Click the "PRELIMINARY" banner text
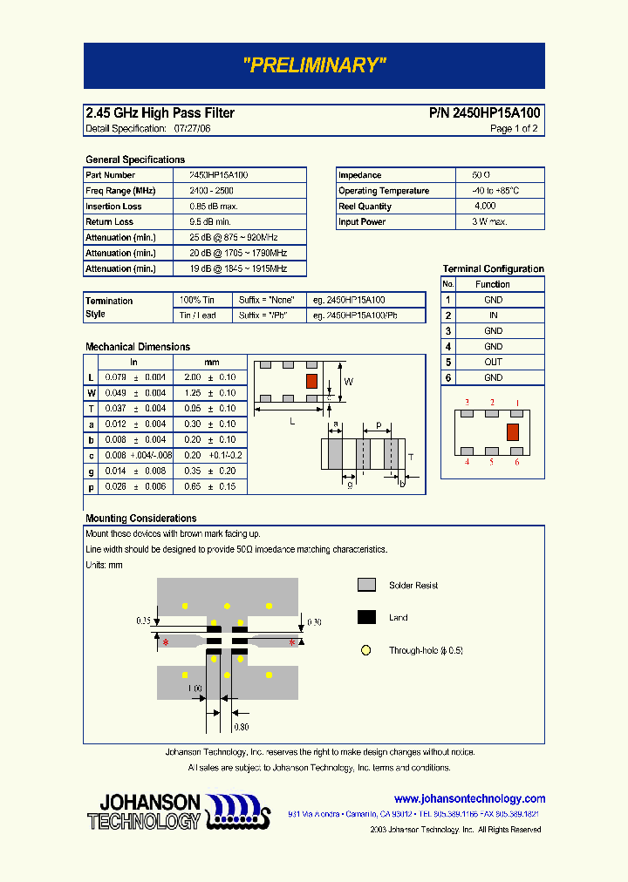pos(314,65)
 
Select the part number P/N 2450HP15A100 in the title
pos(485,113)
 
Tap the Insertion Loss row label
pos(113,207)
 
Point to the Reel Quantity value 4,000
pos(485,207)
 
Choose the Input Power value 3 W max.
pos(489,222)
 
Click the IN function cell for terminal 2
pos(493,315)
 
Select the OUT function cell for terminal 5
pos(493,363)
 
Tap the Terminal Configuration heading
pos(493,269)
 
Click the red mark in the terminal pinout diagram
pos(513,431)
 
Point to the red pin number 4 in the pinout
pos(467,462)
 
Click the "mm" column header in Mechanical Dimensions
pos(212,362)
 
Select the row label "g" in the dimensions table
pos(91,471)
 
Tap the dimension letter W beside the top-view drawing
pos(349,382)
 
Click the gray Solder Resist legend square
pos(366,585)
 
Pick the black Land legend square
pos(366,617)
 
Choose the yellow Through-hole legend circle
pos(366,650)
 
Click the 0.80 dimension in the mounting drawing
pos(241,727)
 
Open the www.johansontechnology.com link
pos(469,799)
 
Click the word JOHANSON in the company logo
pos(150,802)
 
